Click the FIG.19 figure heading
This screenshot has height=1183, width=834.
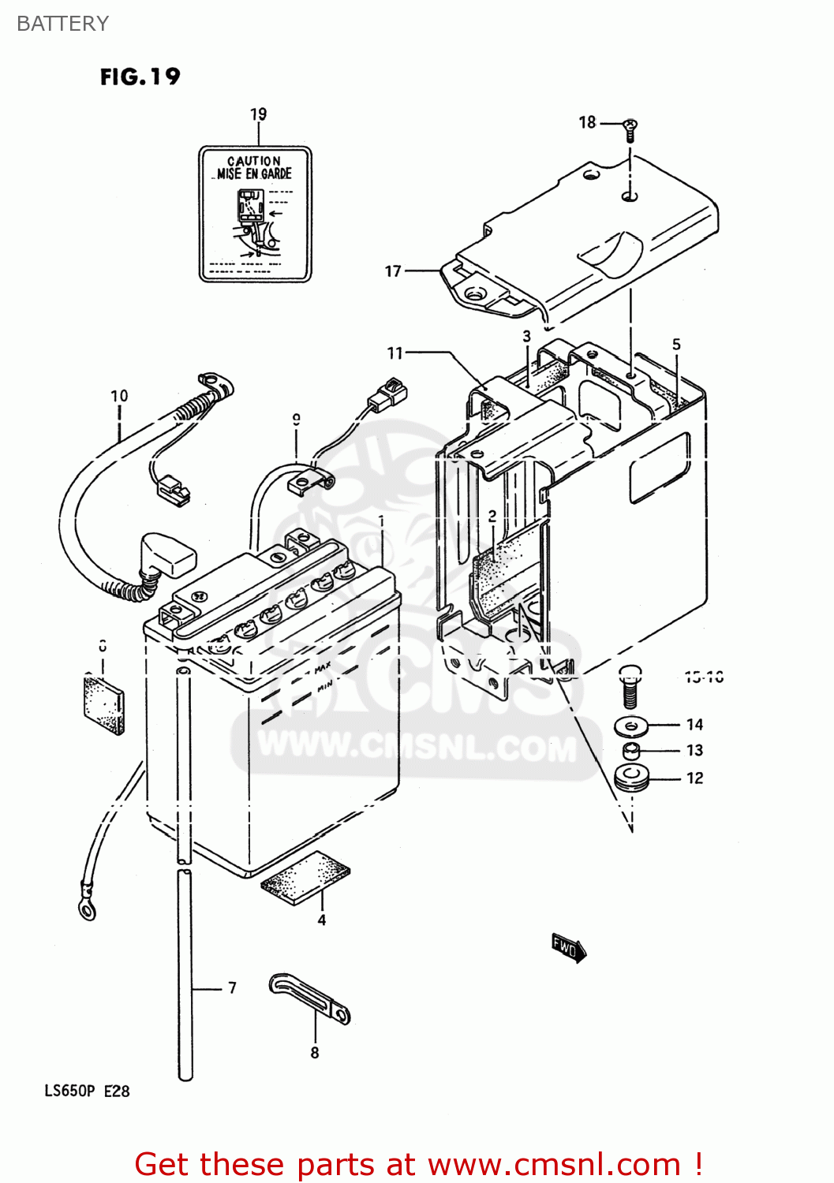(x=140, y=77)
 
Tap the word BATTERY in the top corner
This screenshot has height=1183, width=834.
(x=62, y=24)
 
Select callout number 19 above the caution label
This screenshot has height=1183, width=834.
(x=258, y=114)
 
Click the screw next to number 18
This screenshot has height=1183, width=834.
(x=630, y=128)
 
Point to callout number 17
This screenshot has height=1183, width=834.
(x=393, y=271)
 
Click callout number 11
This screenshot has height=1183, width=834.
(x=395, y=353)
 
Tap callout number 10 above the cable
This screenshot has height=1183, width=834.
(x=119, y=396)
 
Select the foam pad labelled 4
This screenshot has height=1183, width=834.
(x=305, y=877)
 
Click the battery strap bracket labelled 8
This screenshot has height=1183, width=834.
(x=309, y=998)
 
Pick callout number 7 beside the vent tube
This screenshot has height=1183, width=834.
(x=232, y=987)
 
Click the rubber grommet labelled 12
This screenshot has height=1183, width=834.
(x=631, y=778)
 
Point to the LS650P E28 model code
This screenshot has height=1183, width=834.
(x=87, y=1092)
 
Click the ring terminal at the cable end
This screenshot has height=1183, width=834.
(x=86, y=908)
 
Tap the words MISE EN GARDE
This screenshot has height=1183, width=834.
(x=254, y=174)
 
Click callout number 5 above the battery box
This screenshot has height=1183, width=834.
(x=676, y=345)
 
